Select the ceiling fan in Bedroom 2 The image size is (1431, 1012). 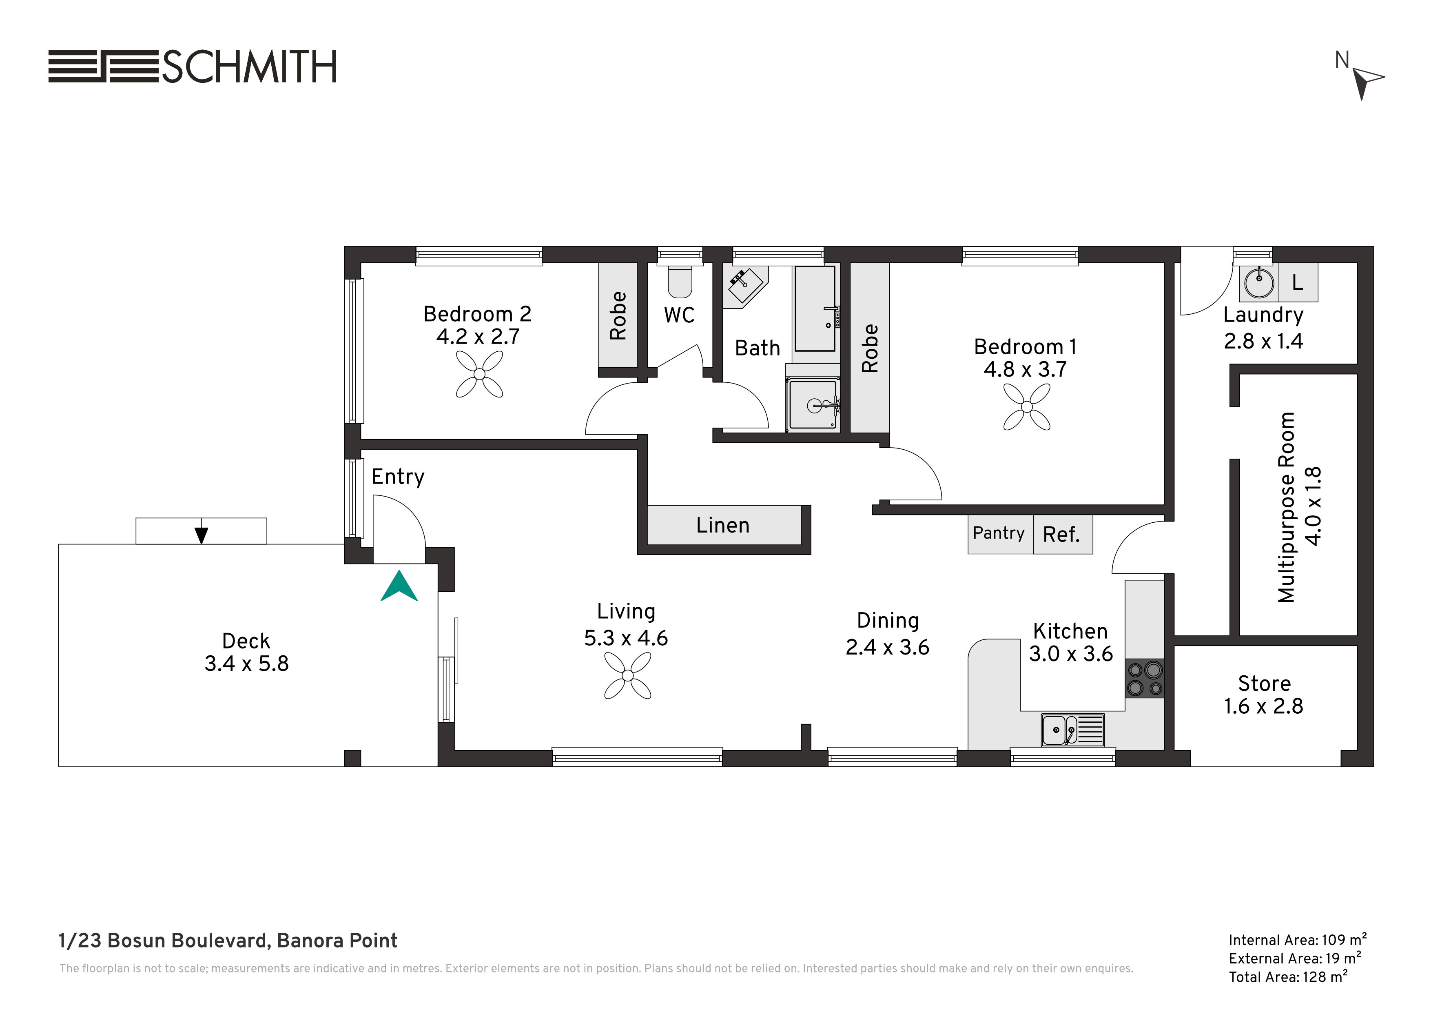(x=479, y=374)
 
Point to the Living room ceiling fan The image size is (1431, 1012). (x=628, y=675)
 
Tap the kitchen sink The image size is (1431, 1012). (x=1072, y=730)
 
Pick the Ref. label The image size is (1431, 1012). (x=1061, y=535)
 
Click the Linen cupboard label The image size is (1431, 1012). (x=723, y=525)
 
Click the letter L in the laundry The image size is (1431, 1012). (x=1298, y=282)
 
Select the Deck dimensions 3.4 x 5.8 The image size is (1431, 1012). (x=247, y=664)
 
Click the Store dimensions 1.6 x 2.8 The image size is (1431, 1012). (x=1263, y=706)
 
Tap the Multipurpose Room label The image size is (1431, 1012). (x=1287, y=508)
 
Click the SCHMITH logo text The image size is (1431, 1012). (x=249, y=67)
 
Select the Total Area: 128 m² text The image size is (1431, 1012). (x=1288, y=976)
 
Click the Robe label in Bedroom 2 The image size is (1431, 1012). (x=618, y=315)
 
